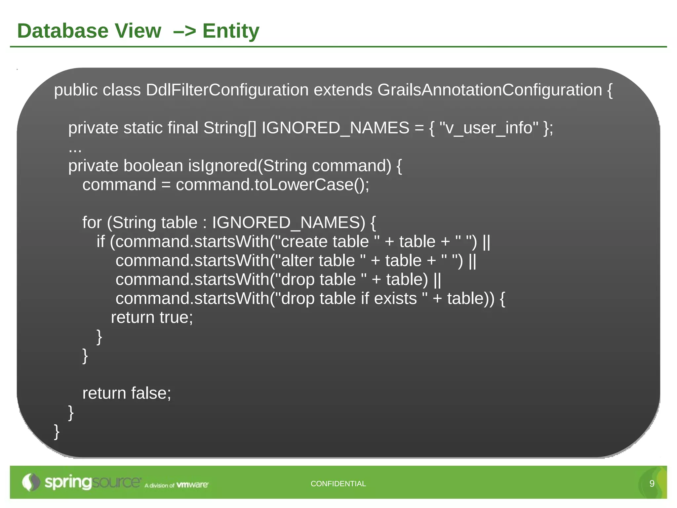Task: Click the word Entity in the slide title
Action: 231,31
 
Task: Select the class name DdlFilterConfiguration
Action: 227,90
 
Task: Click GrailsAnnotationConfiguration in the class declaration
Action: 490,90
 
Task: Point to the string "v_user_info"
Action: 489,128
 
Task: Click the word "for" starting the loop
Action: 92,222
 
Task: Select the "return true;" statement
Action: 152,317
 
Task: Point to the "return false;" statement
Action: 127,393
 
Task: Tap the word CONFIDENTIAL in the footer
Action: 338,484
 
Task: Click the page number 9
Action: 652,484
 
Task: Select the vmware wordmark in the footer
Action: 192,485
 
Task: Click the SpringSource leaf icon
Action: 31,482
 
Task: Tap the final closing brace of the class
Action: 57,431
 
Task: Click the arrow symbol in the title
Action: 184,31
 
